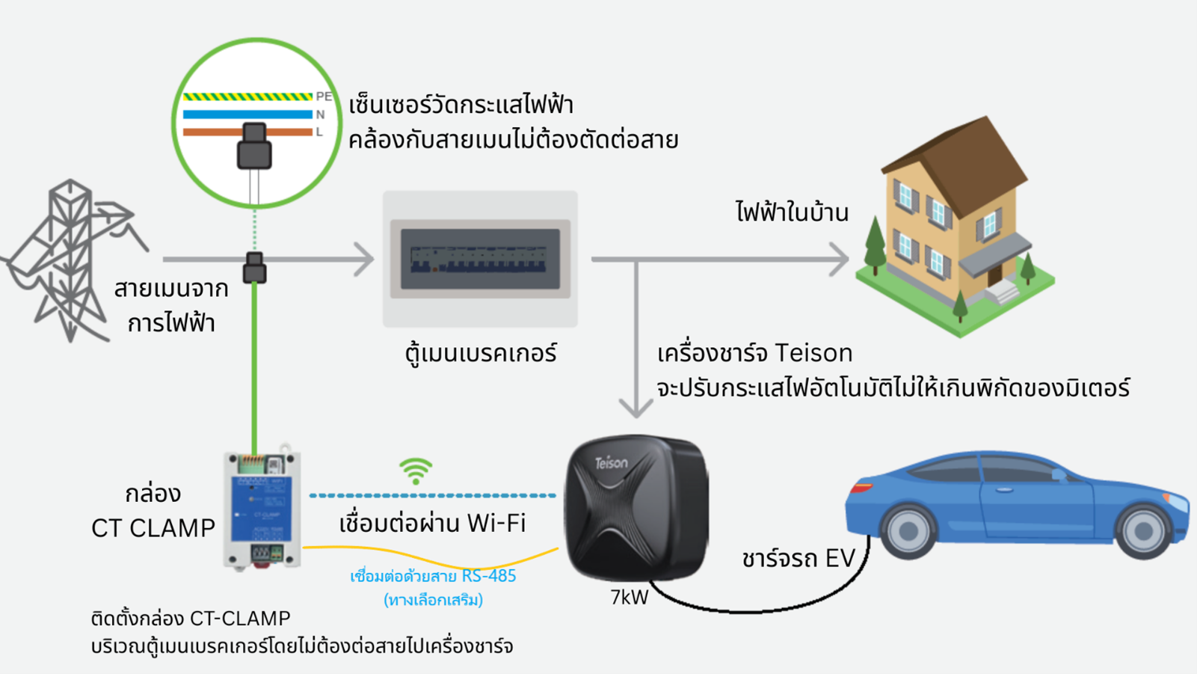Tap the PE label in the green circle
[323, 96]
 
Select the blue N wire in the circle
[247, 114]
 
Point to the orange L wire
[209, 132]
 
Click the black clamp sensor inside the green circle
[254, 147]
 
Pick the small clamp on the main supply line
[254, 267]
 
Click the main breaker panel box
[480, 259]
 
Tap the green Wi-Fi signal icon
[416, 471]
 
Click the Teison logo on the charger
[611, 463]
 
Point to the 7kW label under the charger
[629, 598]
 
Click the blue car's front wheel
[1142, 530]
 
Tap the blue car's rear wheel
[908, 530]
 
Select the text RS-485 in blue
[489, 576]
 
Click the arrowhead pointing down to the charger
[636, 408]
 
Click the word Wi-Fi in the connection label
[496, 523]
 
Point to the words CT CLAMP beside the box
[153, 528]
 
